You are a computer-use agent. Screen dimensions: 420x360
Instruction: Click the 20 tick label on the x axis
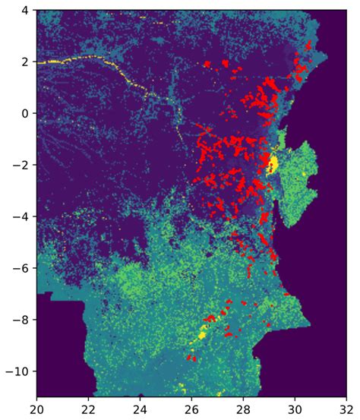click(x=37, y=409)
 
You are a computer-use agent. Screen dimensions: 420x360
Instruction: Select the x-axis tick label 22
click(x=89, y=409)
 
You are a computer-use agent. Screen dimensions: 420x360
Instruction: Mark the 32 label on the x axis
click(x=346, y=409)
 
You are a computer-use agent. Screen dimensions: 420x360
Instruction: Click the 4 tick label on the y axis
click(x=26, y=11)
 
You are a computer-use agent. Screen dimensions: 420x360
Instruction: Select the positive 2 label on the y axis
click(x=26, y=62)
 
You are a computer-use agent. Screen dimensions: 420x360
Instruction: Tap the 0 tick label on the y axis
click(x=26, y=113)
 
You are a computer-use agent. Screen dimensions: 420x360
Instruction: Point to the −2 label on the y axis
click(x=21, y=165)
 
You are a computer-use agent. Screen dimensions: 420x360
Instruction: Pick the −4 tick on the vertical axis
click(x=21, y=216)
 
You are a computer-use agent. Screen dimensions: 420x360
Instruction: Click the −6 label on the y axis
click(x=21, y=268)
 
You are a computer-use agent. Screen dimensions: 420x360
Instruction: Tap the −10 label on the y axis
click(x=18, y=371)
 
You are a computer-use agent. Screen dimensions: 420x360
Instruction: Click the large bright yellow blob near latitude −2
click(x=273, y=163)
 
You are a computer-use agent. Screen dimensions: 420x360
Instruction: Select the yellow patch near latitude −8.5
click(x=203, y=333)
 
